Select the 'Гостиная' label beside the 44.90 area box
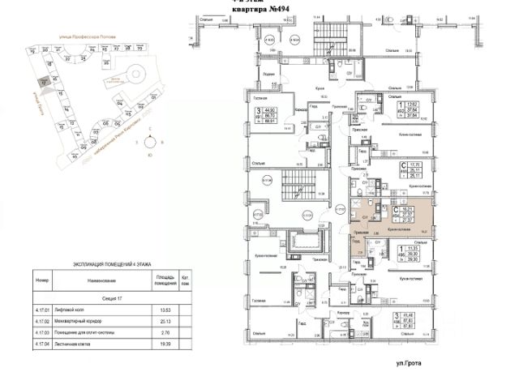click(x=249, y=96)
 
